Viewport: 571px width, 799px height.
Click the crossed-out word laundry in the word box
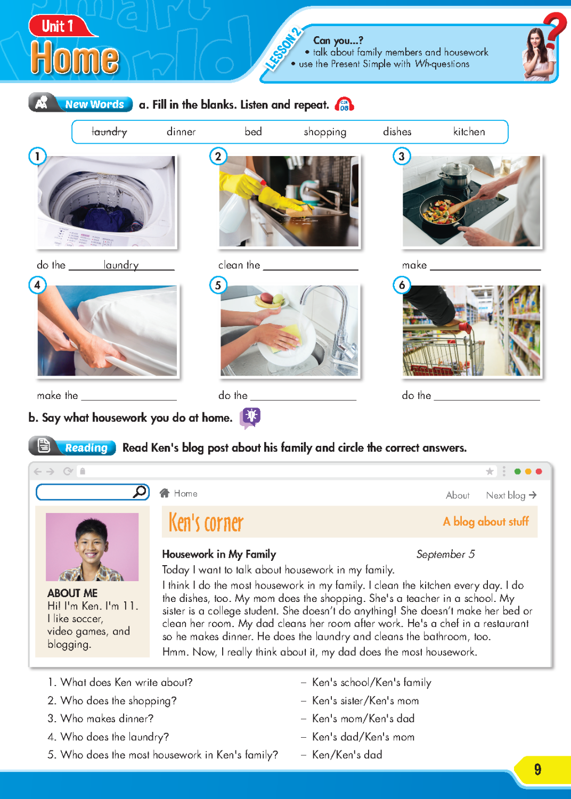click(x=109, y=132)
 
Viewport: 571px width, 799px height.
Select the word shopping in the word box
click(x=325, y=132)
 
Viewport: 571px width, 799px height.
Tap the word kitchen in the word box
click(x=469, y=132)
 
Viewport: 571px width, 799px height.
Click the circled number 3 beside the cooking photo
click(x=402, y=156)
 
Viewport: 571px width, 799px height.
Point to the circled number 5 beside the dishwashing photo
click(x=218, y=285)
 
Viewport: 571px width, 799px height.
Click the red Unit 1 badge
click(x=58, y=26)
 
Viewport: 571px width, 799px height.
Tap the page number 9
click(x=537, y=769)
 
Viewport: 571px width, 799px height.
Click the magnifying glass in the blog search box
click(x=140, y=492)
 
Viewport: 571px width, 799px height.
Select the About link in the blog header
click(x=458, y=495)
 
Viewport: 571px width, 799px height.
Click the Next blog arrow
click(x=533, y=495)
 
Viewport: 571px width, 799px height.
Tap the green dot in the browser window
click(x=517, y=471)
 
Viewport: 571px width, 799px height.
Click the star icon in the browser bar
click(x=490, y=471)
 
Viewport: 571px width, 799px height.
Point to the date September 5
click(x=445, y=555)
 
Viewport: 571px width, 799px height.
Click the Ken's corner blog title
click(x=206, y=523)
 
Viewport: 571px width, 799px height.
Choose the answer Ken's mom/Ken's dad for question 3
click(x=363, y=719)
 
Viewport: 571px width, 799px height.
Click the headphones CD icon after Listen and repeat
click(x=344, y=104)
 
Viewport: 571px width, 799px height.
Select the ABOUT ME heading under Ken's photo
click(x=72, y=593)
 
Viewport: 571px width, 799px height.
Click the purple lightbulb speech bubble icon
click(x=250, y=417)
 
